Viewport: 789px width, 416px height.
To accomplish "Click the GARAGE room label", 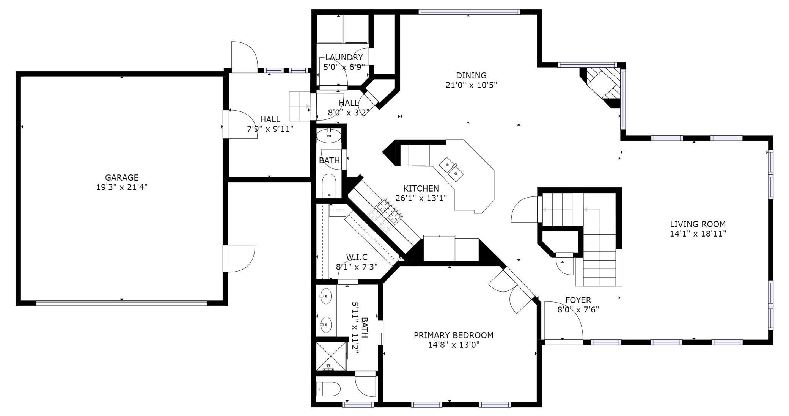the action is (x=122, y=177).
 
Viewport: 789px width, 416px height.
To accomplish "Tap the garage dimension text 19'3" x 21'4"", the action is (x=122, y=187).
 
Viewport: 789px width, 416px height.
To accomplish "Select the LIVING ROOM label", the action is (x=698, y=224).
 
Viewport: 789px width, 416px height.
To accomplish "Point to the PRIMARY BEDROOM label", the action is (x=454, y=335).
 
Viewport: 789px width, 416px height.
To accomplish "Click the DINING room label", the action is (x=471, y=75).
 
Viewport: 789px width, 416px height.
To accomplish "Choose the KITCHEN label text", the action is (x=421, y=188).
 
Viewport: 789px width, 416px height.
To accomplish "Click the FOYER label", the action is (x=578, y=300).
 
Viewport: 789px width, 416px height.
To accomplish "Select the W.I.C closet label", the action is (x=357, y=257).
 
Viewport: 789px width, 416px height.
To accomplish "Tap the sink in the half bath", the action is (x=328, y=135).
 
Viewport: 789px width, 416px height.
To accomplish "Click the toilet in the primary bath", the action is (x=328, y=389).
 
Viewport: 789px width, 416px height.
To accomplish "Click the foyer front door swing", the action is (x=564, y=321).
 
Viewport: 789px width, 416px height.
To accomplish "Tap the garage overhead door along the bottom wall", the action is (x=122, y=303).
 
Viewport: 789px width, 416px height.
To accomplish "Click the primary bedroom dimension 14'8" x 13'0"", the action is (x=454, y=345).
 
